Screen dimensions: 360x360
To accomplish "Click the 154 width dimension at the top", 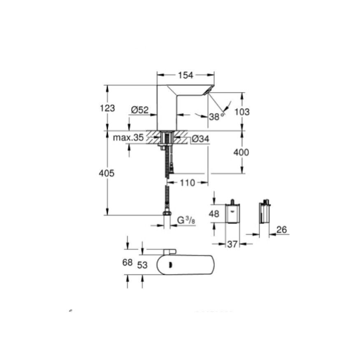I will pos(186,75).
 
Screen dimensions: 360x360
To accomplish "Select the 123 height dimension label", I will pos(107,108).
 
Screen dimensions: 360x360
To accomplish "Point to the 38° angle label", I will pos(216,116).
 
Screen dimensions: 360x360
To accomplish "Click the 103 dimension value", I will pos(242,111).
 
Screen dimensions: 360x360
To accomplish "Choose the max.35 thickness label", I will pos(128,138).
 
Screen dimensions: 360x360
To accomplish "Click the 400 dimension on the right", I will pos(242,152).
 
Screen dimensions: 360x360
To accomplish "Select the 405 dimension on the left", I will pos(107,174).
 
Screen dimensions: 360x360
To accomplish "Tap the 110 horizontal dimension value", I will pos(187,183).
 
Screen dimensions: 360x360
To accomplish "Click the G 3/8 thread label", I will pos(186,221).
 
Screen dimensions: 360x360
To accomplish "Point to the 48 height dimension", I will pos(214,214).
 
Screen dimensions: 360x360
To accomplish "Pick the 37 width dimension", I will pos(232,244).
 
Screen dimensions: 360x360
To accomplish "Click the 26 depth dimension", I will pos(281,230).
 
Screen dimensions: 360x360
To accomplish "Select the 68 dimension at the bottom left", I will pos(128,262).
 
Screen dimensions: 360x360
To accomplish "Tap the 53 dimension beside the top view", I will pos(142,265).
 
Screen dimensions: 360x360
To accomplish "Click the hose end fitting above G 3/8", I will pos(167,213).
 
